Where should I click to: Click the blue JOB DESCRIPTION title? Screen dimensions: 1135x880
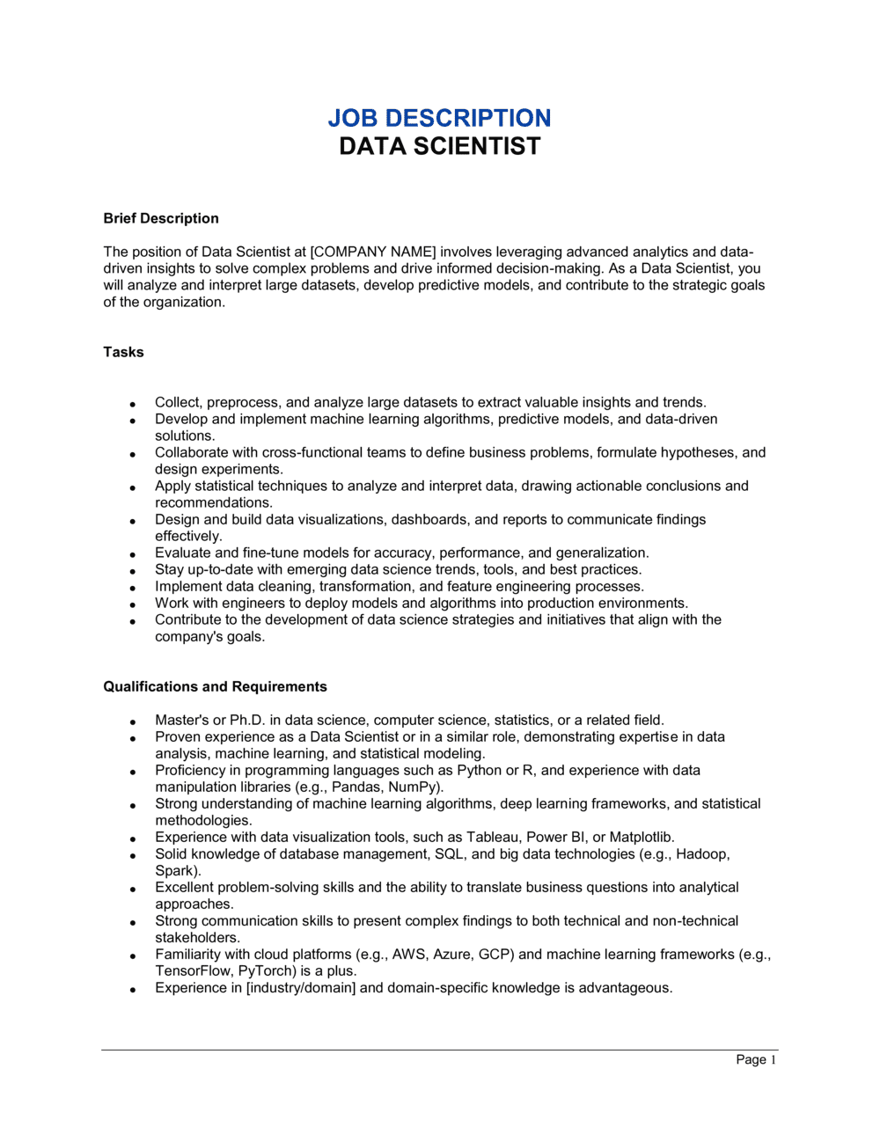(439, 118)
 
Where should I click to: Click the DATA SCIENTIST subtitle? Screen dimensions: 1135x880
(439, 146)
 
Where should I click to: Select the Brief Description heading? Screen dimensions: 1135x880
(161, 218)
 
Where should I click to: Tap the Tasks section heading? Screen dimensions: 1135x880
(123, 352)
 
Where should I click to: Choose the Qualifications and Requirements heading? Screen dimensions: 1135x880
(215, 686)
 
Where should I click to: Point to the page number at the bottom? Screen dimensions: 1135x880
(756, 1059)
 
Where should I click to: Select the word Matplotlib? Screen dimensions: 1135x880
(642, 837)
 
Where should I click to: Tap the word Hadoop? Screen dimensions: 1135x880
(702, 853)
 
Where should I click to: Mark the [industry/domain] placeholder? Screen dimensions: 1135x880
(301, 987)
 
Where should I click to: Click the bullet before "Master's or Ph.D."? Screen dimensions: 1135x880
(133, 721)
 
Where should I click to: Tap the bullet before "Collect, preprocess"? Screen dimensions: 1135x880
(133, 403)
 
